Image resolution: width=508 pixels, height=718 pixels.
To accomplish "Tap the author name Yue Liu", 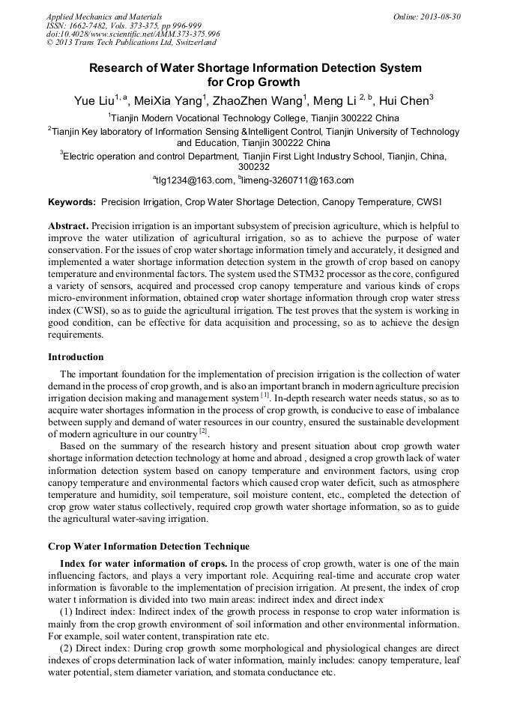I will pos(94,102).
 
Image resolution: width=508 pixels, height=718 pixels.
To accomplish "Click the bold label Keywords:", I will pos(72,202).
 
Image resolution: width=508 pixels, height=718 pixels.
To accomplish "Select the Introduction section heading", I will pos(76,356).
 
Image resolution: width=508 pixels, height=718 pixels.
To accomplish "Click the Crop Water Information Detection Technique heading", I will pos(148,547).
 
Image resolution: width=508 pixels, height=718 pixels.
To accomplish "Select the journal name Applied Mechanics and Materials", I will pos(103,16).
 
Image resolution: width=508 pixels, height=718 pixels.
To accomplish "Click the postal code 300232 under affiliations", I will pos(253,168).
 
